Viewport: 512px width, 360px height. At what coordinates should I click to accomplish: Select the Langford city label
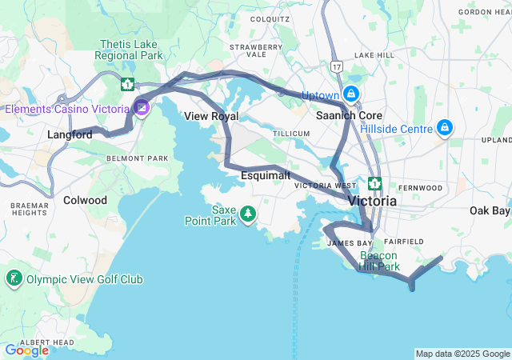pos(70,134)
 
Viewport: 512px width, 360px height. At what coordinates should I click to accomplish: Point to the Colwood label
pos(85,200)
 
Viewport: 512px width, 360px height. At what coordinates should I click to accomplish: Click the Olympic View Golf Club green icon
pos(14,279)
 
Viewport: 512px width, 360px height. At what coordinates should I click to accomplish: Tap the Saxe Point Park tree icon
pos(248,214)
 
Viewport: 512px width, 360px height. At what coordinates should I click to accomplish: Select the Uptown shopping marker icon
pos(351,94)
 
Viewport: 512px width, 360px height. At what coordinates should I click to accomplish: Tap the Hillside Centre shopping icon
pos(445,128)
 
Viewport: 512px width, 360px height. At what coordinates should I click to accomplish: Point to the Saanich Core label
pos(348,115)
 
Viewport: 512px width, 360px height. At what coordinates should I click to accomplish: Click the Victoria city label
pos(372,202)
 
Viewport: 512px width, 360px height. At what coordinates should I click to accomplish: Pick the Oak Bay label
pos(489,211)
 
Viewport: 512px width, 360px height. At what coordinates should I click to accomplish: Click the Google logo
pos(26,350)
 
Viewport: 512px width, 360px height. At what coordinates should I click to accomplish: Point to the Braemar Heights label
pos(29,209)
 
